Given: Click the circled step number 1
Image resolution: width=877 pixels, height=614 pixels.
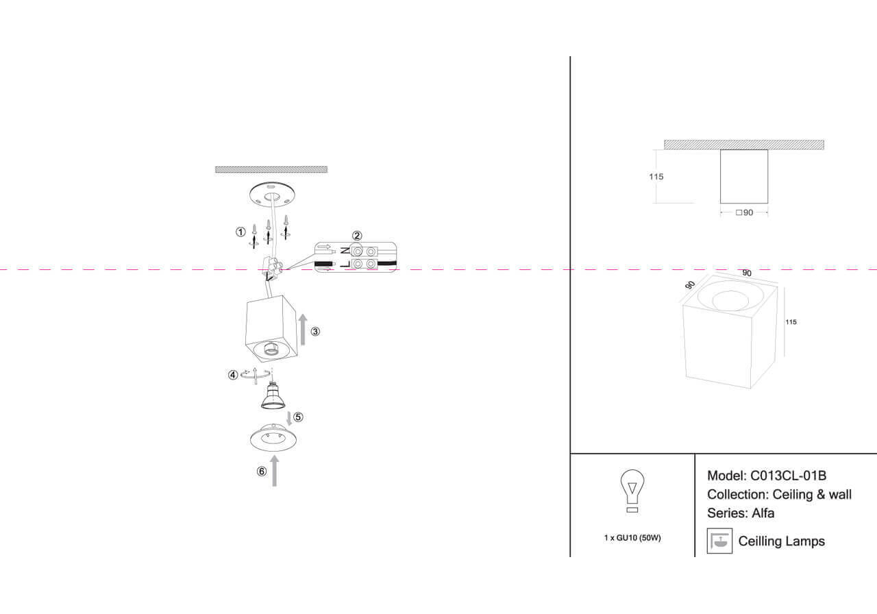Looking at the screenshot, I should click(240, 232).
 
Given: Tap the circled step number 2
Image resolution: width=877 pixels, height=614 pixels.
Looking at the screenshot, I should click(357, 236).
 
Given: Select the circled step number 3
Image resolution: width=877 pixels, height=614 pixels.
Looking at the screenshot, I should click(315, 332).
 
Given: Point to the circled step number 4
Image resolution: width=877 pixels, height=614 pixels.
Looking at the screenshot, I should click(233, 375).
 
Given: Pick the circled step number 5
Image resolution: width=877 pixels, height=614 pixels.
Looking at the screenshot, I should click(298, 416).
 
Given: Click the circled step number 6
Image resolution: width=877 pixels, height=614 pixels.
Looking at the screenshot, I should click(261, 471).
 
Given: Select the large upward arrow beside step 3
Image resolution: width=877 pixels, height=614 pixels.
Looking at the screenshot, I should click(303, 330).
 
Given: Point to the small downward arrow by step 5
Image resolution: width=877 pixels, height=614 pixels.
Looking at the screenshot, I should click(288, 417).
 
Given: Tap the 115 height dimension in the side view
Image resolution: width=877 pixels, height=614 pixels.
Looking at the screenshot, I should click(656, 177).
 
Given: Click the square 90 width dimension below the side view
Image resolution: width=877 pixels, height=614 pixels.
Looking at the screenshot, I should click(745, 213).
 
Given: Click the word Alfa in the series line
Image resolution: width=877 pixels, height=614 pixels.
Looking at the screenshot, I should click(763, 513).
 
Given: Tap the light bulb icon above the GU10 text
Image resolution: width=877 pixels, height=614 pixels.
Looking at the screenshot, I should click(632, 491).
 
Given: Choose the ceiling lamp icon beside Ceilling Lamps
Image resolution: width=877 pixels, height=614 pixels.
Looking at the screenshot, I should click(719, 541).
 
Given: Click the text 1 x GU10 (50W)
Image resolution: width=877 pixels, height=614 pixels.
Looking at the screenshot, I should click(632, 538).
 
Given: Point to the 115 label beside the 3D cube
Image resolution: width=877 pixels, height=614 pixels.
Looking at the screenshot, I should click(791, 322).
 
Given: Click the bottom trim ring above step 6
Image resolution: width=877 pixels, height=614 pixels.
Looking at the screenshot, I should click(274, 439).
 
